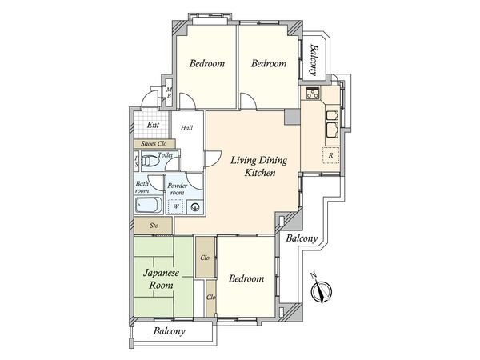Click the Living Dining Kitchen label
tap(254, 166)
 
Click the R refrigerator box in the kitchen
tap(329, 154)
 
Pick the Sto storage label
tap(154, 226)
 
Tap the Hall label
tap(186, 128)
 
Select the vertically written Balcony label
tap(314, 59)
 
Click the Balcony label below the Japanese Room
tap(170, 330)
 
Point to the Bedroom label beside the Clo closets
tap(246, 278)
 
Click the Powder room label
tap(178, 190)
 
